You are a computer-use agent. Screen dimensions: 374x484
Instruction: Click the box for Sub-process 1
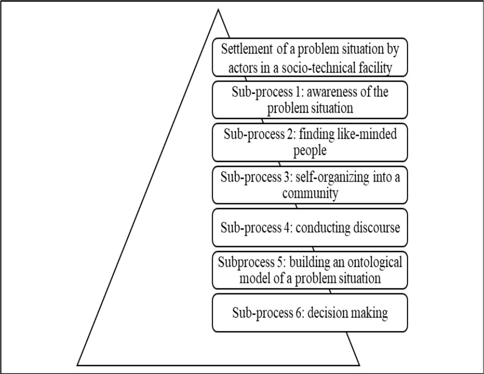(310, 99)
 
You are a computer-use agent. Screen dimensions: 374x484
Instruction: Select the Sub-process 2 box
(310, 142)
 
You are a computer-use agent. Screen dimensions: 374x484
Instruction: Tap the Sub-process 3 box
(310, 184)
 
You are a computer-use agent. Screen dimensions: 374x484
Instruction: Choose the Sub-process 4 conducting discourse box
(310, 227)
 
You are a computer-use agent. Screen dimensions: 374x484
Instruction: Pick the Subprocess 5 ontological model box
(310, 270)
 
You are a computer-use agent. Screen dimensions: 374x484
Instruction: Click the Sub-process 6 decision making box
(310, 313)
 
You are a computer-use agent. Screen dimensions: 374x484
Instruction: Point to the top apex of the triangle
(219, 10)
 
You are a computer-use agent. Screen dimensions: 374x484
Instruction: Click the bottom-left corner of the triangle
(77, 365)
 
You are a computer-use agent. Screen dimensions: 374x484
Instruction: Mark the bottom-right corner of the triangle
(359, 365)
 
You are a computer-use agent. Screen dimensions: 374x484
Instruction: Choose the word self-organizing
(341, 177)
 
